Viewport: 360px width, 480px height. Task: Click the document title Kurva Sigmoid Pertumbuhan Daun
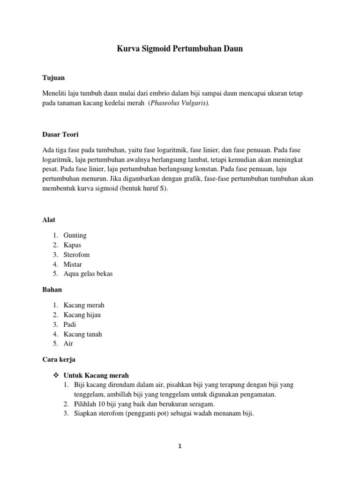[180, 48]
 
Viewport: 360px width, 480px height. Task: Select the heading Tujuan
[53, 77]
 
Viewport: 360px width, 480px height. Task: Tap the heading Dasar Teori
[60, 135]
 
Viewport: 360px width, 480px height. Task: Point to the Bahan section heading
[52, 290]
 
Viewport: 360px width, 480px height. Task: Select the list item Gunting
[75, 235]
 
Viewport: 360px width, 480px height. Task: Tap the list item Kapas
[73, 245]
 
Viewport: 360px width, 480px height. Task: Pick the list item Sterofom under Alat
[76, 255]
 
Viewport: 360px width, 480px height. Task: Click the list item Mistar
[73, 264]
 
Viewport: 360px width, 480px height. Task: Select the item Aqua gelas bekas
[88, 274]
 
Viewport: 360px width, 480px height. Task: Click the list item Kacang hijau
[82, 315]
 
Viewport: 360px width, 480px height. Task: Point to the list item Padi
[70, 324]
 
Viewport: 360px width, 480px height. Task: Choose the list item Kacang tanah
[82, 334]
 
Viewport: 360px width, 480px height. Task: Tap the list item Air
[68, 344]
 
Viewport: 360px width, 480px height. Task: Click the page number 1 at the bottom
[180, 447]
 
